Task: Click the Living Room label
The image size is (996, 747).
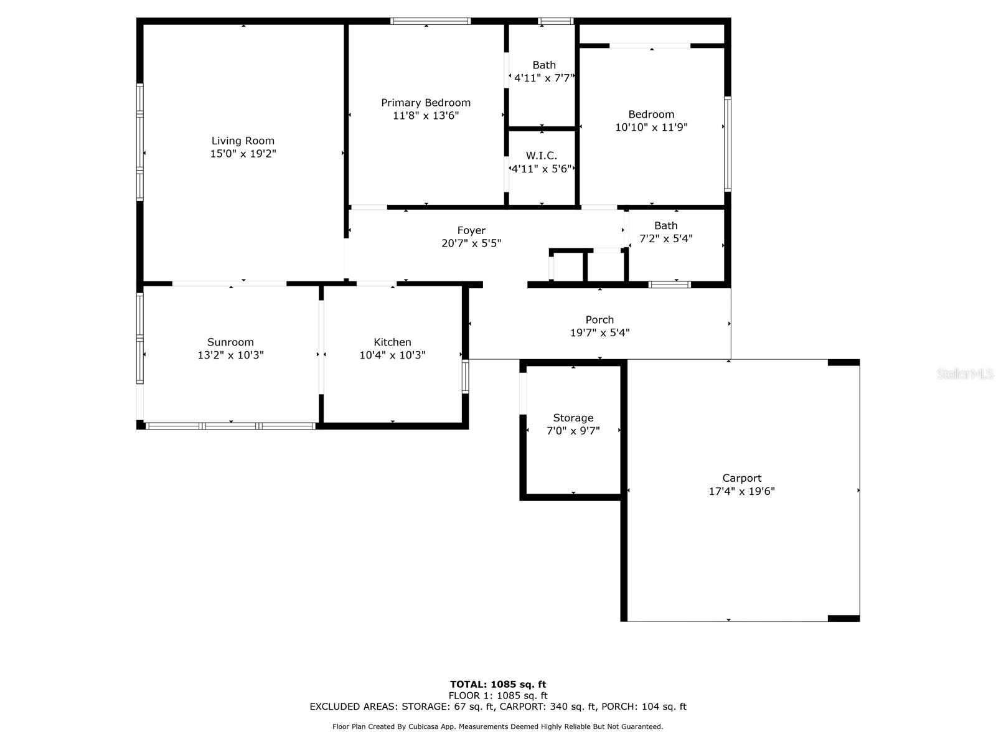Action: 243,141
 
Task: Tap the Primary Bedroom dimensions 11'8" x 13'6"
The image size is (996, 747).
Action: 426,115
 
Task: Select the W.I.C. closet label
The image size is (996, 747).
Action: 541,156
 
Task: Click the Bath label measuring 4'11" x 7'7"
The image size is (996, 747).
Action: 544,65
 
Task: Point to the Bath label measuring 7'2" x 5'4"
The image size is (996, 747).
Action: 665,225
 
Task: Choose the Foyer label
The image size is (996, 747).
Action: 471,230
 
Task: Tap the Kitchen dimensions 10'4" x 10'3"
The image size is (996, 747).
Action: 392,355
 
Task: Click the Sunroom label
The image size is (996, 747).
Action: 230,342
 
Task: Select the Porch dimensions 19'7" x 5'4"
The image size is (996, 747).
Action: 599,332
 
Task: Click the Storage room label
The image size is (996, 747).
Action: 573,418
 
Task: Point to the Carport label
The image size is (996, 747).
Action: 741,478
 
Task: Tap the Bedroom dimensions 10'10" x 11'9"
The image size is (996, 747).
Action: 651,127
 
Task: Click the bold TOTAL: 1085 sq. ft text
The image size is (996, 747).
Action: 498,684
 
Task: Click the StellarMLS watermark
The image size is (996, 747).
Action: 964,374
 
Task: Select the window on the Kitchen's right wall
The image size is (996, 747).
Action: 465,376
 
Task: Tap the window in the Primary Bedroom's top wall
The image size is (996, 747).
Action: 430,21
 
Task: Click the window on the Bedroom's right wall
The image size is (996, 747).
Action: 727,143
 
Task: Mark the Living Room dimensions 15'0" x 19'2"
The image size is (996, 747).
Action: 243,154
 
